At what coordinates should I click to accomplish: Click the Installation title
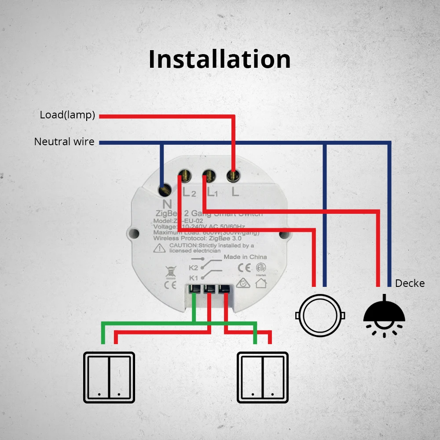[x=220, y=59]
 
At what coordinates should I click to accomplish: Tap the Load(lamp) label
[x=67, y=115]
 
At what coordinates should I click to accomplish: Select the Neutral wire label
[x=64, y=142]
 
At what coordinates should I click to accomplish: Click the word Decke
[x=410, y=283]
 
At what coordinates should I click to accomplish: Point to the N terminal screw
[x=165, y=190]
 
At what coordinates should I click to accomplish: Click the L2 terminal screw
[x=185, y=176]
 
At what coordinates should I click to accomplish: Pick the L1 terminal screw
[x=209, y=176]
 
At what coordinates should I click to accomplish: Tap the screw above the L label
[x=233, y=176]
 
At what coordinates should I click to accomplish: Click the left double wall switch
[x=109, y=378]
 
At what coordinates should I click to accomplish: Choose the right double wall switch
[x=263, y=378]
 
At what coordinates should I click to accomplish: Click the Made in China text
[x=245, y=257]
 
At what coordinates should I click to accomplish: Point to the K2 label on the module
[x=193, y=268]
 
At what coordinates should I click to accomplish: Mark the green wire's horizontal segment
[x=178, y=323]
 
